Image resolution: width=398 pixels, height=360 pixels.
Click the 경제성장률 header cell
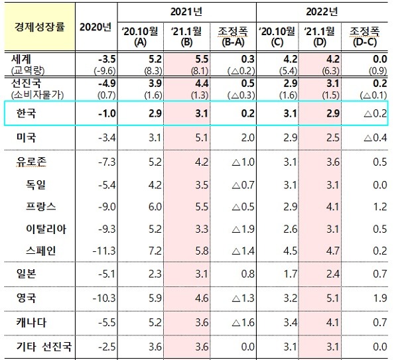point(37,27)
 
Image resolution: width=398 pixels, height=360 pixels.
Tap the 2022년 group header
point(323,11)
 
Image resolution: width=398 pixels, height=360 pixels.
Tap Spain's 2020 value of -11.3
point(96,250)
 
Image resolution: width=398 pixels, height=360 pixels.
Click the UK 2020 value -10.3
point(96,298)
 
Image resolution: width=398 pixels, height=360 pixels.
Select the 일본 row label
point(26,274)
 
